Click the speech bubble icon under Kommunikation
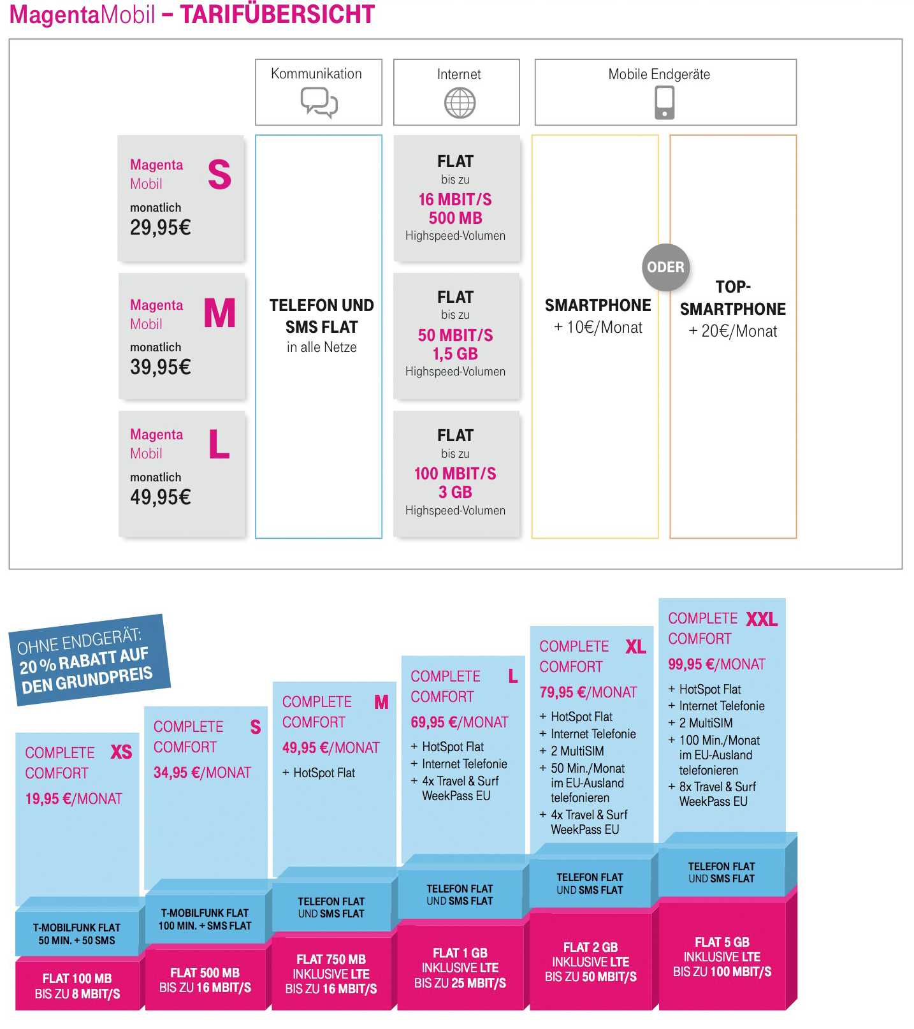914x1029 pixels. pyautogui.click(x=319, y=103)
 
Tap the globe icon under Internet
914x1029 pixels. pyautogui.click(x=460, y=103)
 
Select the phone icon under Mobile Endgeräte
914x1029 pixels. pyautogui.click(x=664, y=103)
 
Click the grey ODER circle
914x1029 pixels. pyautogui.click(x=665, y=267)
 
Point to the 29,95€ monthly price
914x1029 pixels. pyautogui.click(x=160, y=228)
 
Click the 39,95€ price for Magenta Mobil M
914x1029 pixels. pyautogui.click(x=160, y=367)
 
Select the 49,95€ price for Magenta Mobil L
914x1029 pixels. pyautogui.click(x=160, y=497)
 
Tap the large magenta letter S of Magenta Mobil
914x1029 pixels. pyautogui.click(x=219, y=175)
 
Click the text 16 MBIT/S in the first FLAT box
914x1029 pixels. pyautogui.click(x=455, y=200)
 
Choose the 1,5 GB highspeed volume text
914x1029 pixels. pyautogui.click(x=455, y=354)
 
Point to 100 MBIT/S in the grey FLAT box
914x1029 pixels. pyautogui.click(x=455, y=474)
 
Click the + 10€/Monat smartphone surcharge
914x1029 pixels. pyautogui.click(x=598, y=328)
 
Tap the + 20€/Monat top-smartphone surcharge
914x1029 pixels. pyautogui.click(x=733, y=332)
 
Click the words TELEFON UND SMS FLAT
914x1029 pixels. pyautogui.click(x=322, y=316)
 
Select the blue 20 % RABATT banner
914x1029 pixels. pyautogui.click(x=89, y=660)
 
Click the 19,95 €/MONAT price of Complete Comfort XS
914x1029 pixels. pyautogui.click(x=73, y=799)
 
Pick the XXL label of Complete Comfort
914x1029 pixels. pyautogui.click(x=762, y=619)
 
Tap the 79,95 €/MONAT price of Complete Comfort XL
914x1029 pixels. pyautogui.click(x=588, y=692)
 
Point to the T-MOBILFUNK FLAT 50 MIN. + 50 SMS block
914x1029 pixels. pyautogui.click(x=76, y=934)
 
